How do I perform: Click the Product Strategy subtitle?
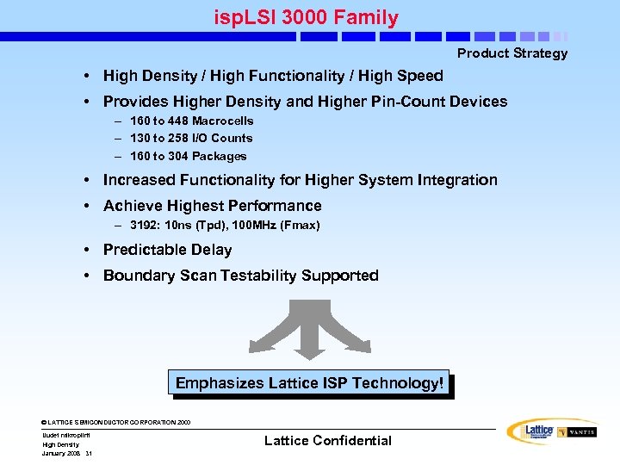tap(512, 53)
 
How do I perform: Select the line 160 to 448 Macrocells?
tap(191, 121)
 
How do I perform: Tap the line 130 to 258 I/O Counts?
tap(190, 138)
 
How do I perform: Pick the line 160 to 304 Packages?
tap(188, 156)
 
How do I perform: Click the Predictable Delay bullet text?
tap(167, 250)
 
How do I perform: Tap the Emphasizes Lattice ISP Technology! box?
tap(309, 383)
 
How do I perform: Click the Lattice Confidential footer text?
tap(327, 441)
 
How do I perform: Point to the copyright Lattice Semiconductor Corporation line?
tap(116, 422)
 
